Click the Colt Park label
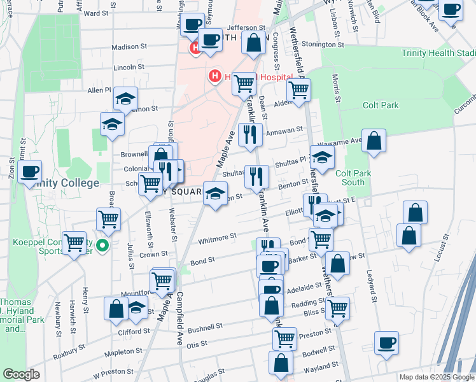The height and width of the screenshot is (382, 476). coord(379,105)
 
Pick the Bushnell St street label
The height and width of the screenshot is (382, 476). coord(206,327)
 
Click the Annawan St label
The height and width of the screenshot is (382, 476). coord(284,131)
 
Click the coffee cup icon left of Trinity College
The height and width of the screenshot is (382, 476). coord(29,173)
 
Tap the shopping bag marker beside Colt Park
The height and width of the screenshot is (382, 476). coord(374,141)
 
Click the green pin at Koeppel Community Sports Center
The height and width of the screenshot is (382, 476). coord(102,244)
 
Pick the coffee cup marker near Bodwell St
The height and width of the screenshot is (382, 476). coord(386,343)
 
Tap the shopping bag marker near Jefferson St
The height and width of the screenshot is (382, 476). coord(254,44)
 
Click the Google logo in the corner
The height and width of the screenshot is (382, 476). coord(21,374)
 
